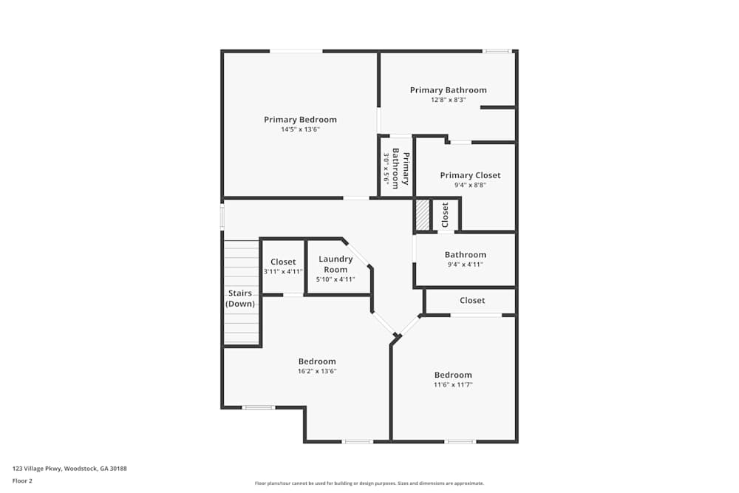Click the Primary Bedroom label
point(300,120)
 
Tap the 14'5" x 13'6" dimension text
point(300,129)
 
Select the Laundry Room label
point(336,264)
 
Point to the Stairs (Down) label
point(240,299)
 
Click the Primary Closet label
point(470,175)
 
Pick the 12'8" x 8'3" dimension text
point(449,100)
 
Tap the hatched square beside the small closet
point(422,215)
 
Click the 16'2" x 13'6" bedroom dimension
point(317,371)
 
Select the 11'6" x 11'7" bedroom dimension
point(453,384)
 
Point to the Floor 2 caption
point(22,480)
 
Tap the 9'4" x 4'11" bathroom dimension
point(466,264)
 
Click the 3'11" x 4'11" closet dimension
point(283,271)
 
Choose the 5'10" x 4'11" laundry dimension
point(336,279)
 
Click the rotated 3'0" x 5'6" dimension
point(386,169)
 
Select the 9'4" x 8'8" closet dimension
point(470,185)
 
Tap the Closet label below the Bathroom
point(472,300)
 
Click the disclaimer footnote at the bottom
point(369,483)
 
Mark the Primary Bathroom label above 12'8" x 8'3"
point(449,90)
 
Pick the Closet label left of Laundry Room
point(283,262)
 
